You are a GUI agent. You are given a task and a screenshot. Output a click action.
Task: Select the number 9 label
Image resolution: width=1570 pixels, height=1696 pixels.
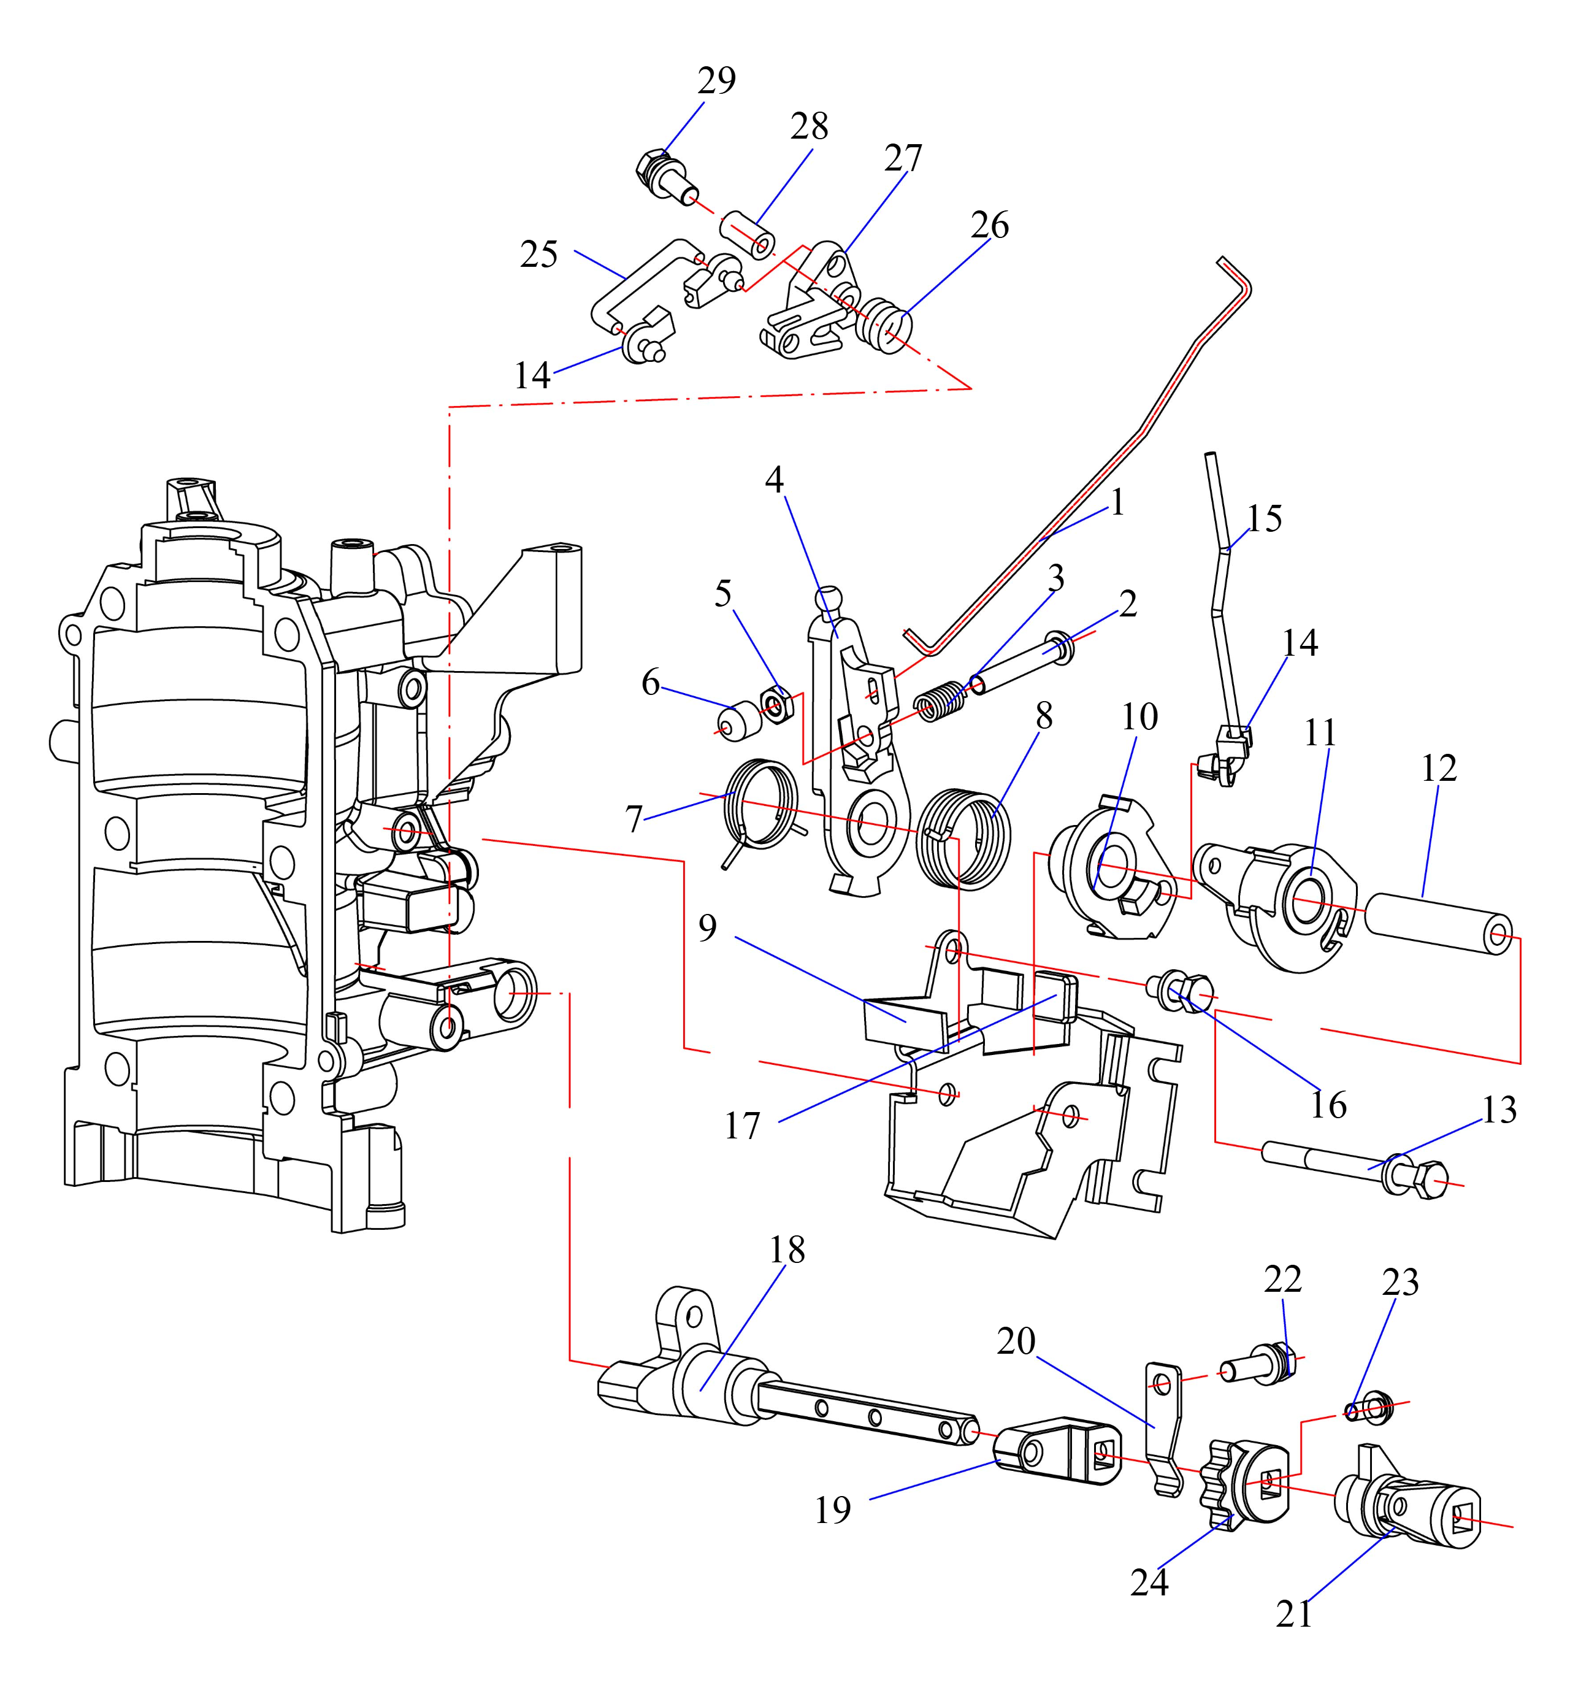[x=708, y=928]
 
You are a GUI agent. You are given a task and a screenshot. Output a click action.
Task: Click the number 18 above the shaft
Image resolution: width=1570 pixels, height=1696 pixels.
[x=787, y=1250]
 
